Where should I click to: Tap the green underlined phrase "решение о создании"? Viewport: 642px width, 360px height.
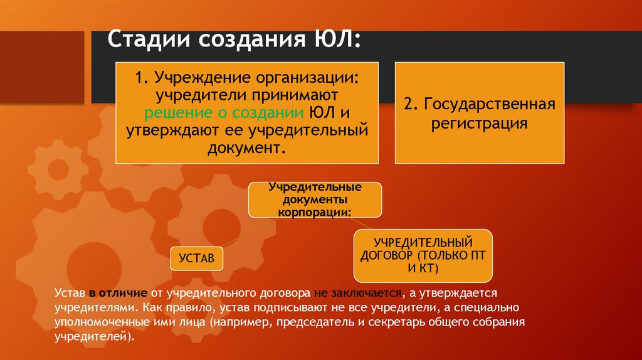point(225,114)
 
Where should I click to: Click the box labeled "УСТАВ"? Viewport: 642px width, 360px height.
point(196,258)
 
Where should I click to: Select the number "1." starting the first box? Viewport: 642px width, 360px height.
point(140,79)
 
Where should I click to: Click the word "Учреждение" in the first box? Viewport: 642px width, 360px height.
point(203,79)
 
